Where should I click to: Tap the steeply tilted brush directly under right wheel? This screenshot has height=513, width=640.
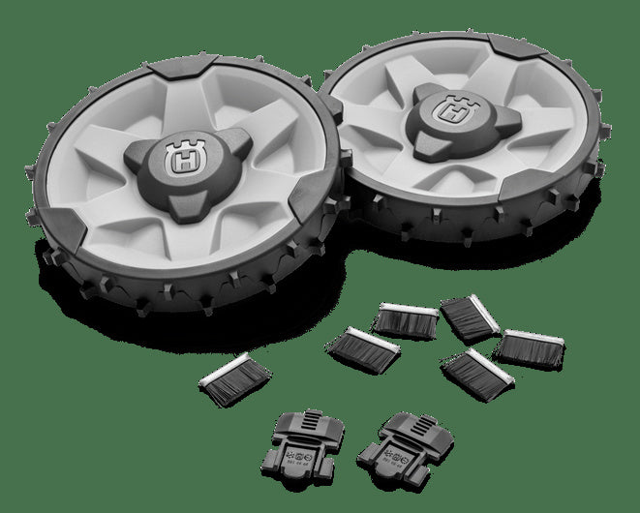468,317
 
